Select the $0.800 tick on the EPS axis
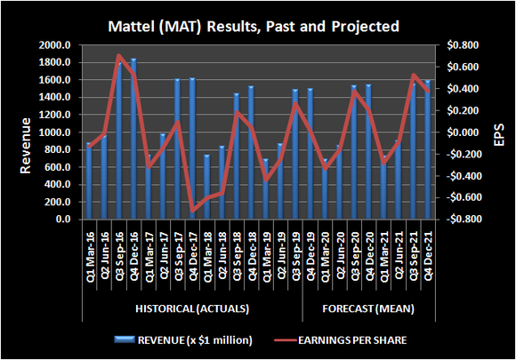tap(463, 45)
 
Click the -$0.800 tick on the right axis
tap(461, 220)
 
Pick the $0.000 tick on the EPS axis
tap(463, 132)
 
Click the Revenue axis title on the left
tap(17, 132)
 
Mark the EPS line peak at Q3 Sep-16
tap(118, 56)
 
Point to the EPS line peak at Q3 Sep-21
tap(414, 76)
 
